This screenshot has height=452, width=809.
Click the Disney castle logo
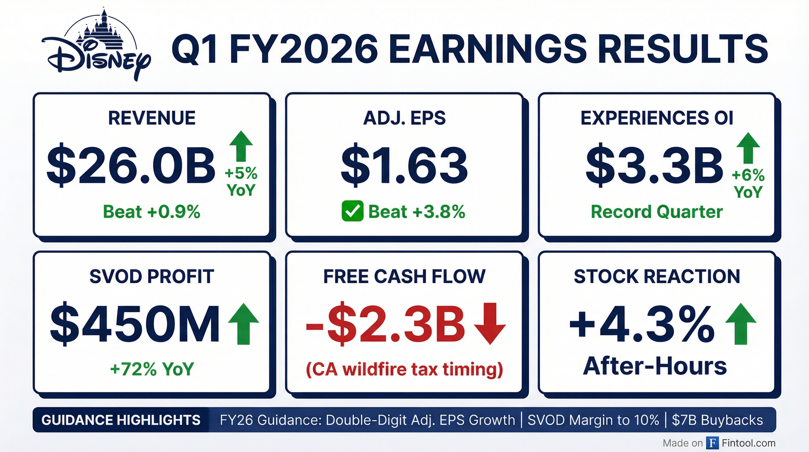point(96,44)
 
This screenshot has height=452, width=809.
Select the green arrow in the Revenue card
point(241,146)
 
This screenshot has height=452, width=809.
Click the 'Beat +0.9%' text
point(152,212)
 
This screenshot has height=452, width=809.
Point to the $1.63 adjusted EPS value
point(404,165)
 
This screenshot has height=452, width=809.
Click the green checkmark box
point(352,211)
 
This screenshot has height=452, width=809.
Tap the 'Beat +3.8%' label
point(417,212)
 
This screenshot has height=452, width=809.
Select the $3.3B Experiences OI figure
point(654,165)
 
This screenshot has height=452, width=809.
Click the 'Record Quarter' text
point(657,212)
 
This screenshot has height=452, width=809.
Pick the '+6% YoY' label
point(748,184)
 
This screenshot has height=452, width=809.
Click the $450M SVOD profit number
point(135,323)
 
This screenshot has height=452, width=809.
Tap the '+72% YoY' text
point(152,369)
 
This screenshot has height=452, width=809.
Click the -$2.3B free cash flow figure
point(385,323)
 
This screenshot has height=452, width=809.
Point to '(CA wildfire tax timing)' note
point(404,370)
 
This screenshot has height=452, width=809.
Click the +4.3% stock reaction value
point(642,323)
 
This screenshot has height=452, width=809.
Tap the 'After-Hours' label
point(655,366)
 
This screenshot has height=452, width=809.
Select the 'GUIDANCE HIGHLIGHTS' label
point(121,420)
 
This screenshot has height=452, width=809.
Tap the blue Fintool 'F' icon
point(713,443)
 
